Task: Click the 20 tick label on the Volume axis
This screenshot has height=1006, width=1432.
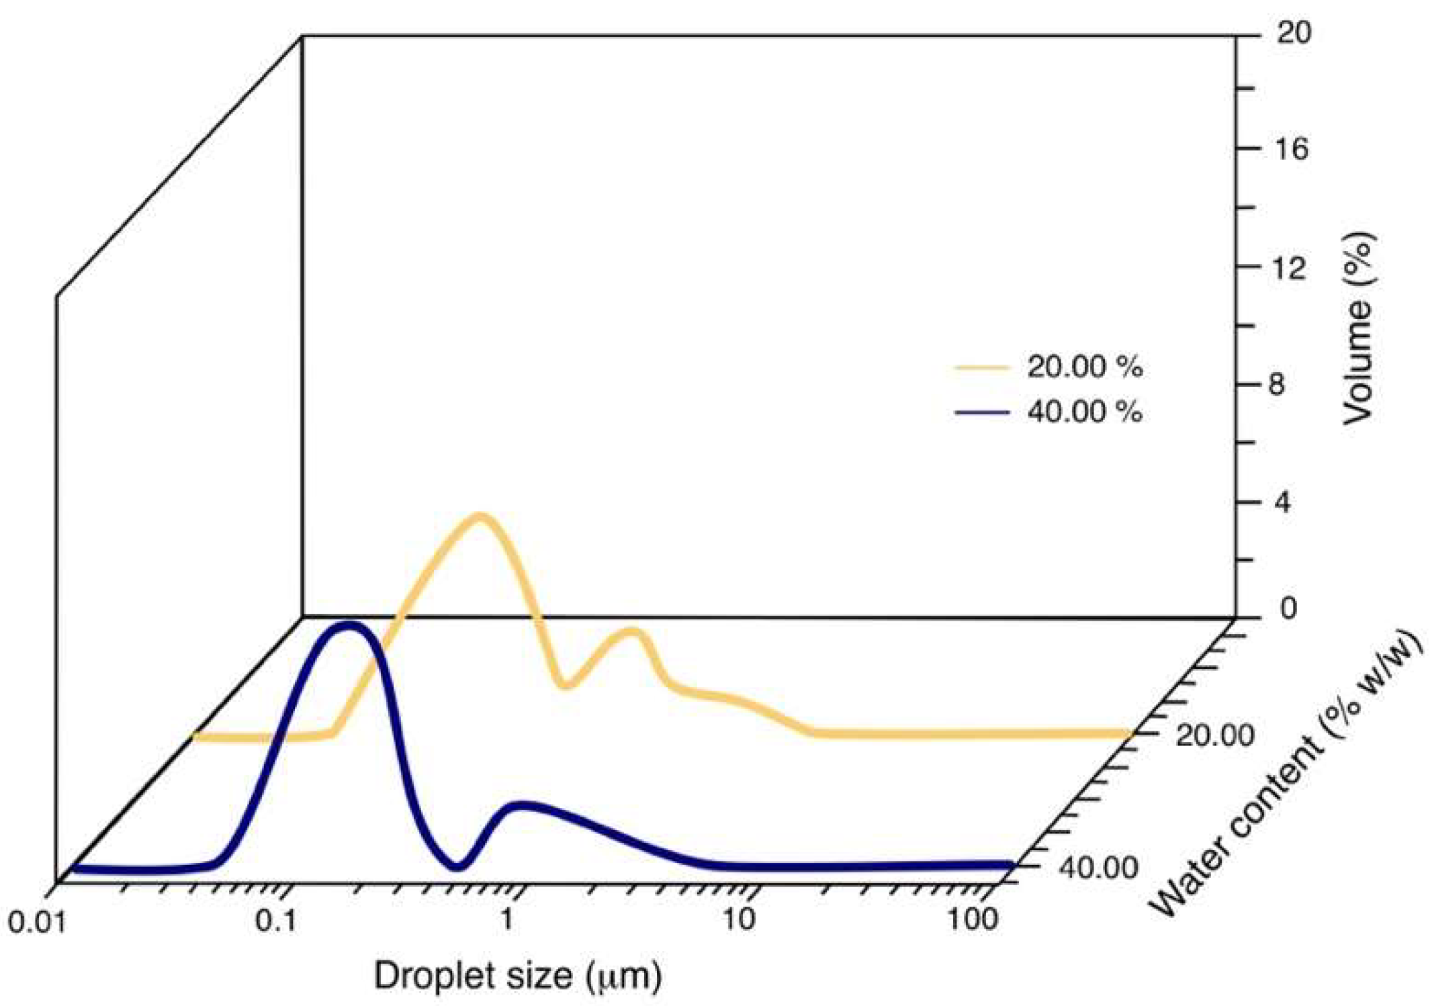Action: click(x=1293, y=33)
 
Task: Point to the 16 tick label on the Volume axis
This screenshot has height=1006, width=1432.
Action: click(x=1293, y=149)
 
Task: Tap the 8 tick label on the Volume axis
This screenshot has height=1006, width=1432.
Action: click(x=1276, y=385)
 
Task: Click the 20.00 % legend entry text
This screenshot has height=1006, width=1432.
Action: click(x=1084, y=367)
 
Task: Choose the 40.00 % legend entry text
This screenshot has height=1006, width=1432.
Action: click(x=1084, y=412)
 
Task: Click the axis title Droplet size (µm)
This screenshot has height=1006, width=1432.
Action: click(x=517, y=976)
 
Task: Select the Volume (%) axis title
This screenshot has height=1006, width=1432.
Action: click(x=1357, y=329)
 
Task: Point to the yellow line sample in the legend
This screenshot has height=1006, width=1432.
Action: click(x=981, y=367)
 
